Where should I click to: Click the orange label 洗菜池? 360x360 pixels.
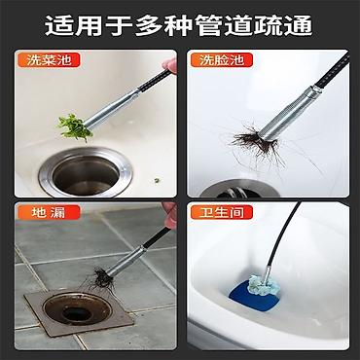pos(49,60)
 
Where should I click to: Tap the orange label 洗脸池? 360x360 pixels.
pos(221,60)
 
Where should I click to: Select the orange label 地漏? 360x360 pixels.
pos(49,212)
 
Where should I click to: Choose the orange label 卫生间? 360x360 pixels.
pos(221,212)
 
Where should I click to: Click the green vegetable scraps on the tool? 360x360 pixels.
pos(74,126)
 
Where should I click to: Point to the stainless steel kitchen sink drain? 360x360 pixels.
pos(86,172)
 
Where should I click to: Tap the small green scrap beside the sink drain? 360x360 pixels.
pos(157,180)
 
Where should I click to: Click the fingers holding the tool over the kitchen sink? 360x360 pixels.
pos(170,65)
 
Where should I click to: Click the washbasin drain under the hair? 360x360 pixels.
pos(239,189)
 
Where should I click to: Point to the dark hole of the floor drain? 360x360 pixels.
pos(77,313)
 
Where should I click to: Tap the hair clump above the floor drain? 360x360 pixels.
pos(101,279)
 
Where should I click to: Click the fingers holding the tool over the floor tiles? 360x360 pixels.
pos(169,215)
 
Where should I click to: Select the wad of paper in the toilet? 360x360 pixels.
pos(262,284)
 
